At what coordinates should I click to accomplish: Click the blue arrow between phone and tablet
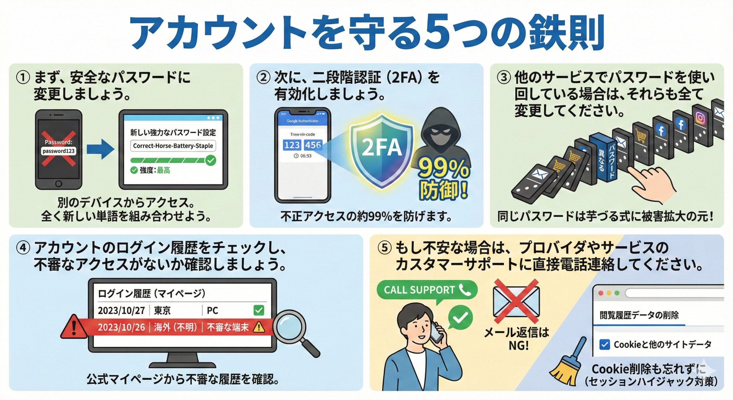(x=100, y=149)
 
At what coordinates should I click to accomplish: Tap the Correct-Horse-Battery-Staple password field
(x=173, y=146)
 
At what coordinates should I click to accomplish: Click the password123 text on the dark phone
(x=58, y=151)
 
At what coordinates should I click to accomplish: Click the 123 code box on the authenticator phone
(x=292, y=145)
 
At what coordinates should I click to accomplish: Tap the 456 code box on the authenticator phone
(x=313, y=145)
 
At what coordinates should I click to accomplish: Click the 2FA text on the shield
(x=382, y=148)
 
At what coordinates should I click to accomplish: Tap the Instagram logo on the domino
(x=700, y=118)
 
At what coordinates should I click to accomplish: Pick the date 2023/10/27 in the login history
(x=121, y=310)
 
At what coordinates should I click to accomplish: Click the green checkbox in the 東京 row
(x=259, y=310)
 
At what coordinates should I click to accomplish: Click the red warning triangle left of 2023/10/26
(x=74, y=328)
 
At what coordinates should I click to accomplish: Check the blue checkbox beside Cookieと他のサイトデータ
(x=604, y=344)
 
